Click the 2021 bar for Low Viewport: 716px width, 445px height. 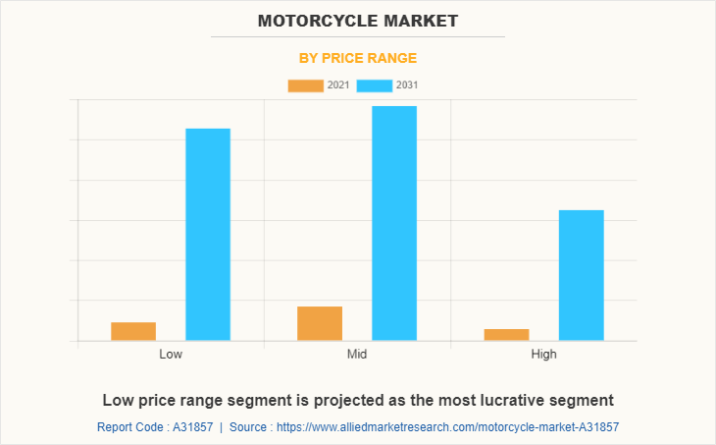133,331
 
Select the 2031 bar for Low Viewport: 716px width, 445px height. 208,235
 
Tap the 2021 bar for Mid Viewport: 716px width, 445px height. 320,323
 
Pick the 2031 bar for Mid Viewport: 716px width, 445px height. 394,223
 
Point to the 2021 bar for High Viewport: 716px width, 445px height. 506,335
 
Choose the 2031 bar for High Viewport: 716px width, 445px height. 581,275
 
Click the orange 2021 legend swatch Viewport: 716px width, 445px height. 305,85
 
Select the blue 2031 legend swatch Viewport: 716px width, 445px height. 374,85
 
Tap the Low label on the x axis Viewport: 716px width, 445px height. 171,354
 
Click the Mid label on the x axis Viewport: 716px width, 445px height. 357,354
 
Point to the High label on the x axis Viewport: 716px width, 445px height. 543,354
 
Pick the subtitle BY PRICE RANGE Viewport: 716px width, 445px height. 358,58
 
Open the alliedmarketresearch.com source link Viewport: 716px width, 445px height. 447,427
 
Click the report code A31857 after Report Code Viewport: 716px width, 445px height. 192,427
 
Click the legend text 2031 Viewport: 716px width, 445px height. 407,85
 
